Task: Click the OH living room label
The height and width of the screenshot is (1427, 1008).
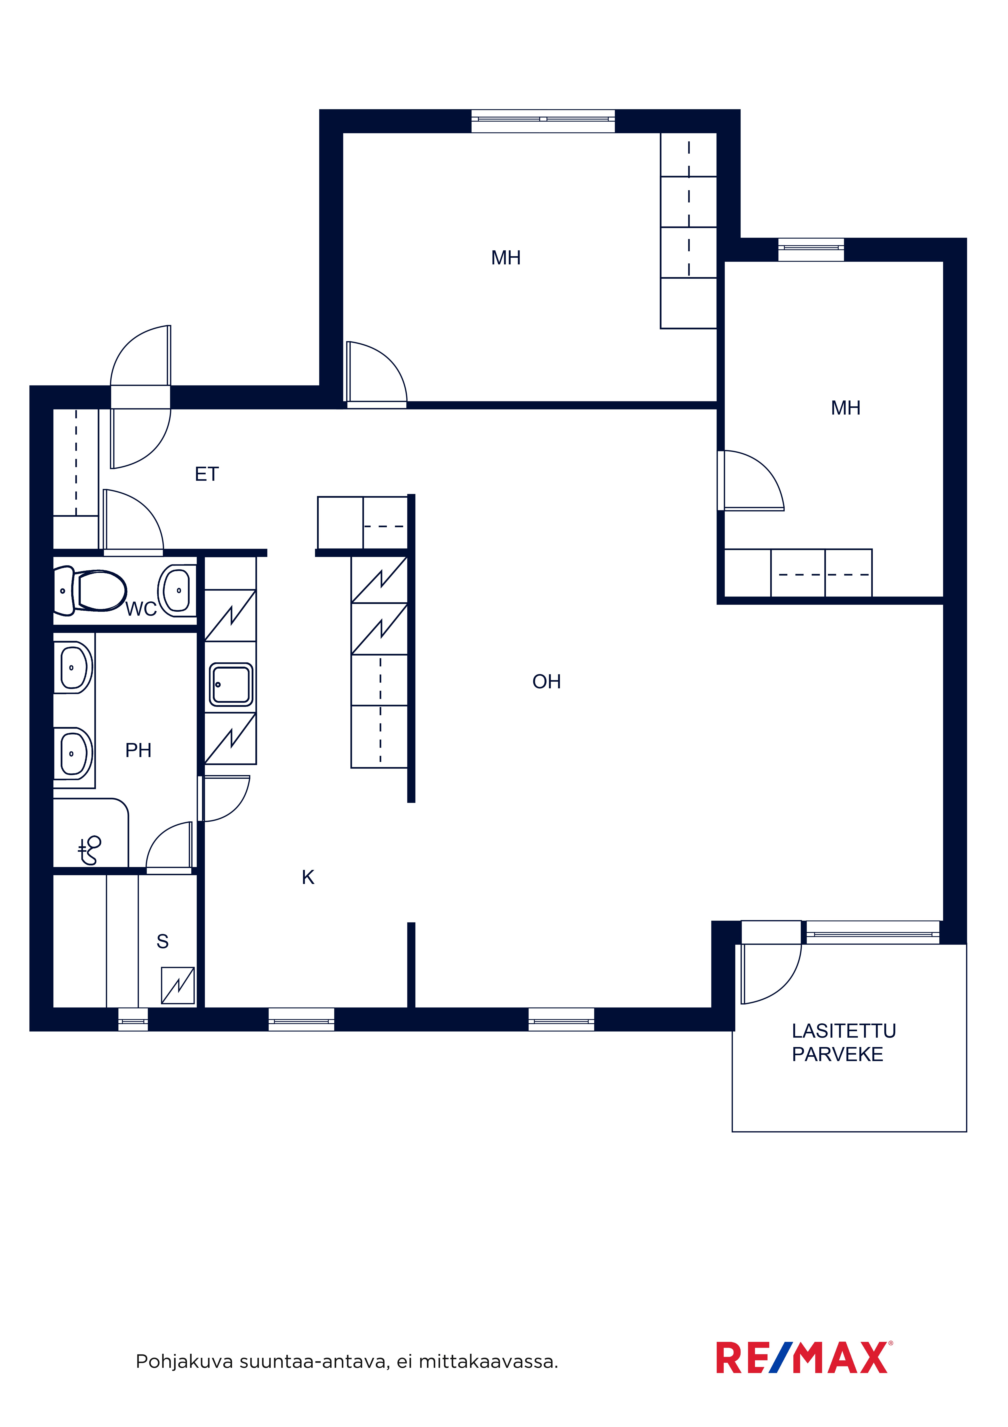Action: coord(547,682)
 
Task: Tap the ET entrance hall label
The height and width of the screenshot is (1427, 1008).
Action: coord(207,474)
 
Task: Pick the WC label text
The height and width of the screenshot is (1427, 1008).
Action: coord(141,609)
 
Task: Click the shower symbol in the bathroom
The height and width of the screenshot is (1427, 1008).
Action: coord(90,850)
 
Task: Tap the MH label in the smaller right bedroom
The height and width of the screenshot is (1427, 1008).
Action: coord(846,408)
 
